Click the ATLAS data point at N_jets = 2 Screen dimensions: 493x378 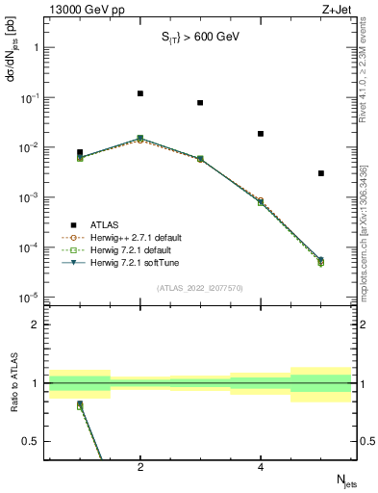(140, 93)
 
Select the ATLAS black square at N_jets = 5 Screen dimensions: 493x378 (320, 173)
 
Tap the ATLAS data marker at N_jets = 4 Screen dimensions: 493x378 (261, 134)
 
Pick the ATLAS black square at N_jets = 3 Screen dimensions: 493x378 (200, 103)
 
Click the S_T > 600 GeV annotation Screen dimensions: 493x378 (199, 38)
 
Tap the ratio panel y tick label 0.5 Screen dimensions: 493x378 (30, 441)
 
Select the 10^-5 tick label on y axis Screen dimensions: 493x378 (28, 298)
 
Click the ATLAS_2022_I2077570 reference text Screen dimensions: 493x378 (200, 287)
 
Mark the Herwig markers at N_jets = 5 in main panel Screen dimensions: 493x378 (320, 261)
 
